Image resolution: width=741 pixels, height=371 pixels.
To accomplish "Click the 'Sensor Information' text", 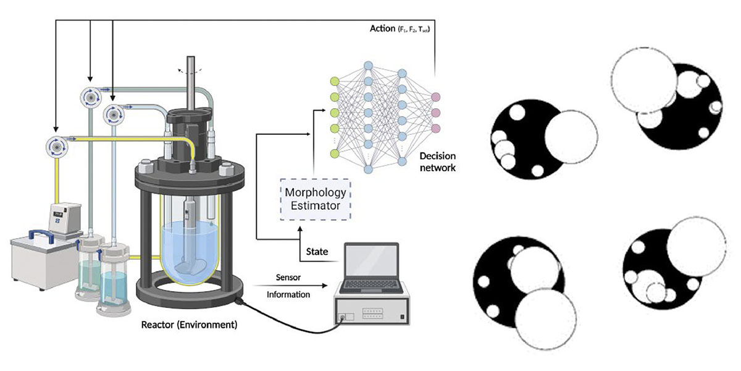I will point(288,286).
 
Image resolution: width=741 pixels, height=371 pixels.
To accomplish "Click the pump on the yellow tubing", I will point(57,147).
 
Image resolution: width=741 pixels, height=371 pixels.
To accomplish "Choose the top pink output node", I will point(435,97).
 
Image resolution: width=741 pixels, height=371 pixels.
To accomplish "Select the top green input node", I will point(335,81).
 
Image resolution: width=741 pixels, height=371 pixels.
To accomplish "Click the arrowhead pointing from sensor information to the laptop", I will point(325,286).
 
